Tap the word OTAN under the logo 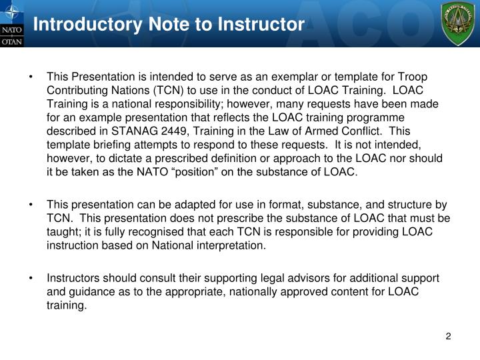click(x=13, y=41)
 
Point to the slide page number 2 click(x=449, y=337)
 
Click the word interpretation click(x=228, y=245)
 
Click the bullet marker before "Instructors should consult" click(x=31, y=278)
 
